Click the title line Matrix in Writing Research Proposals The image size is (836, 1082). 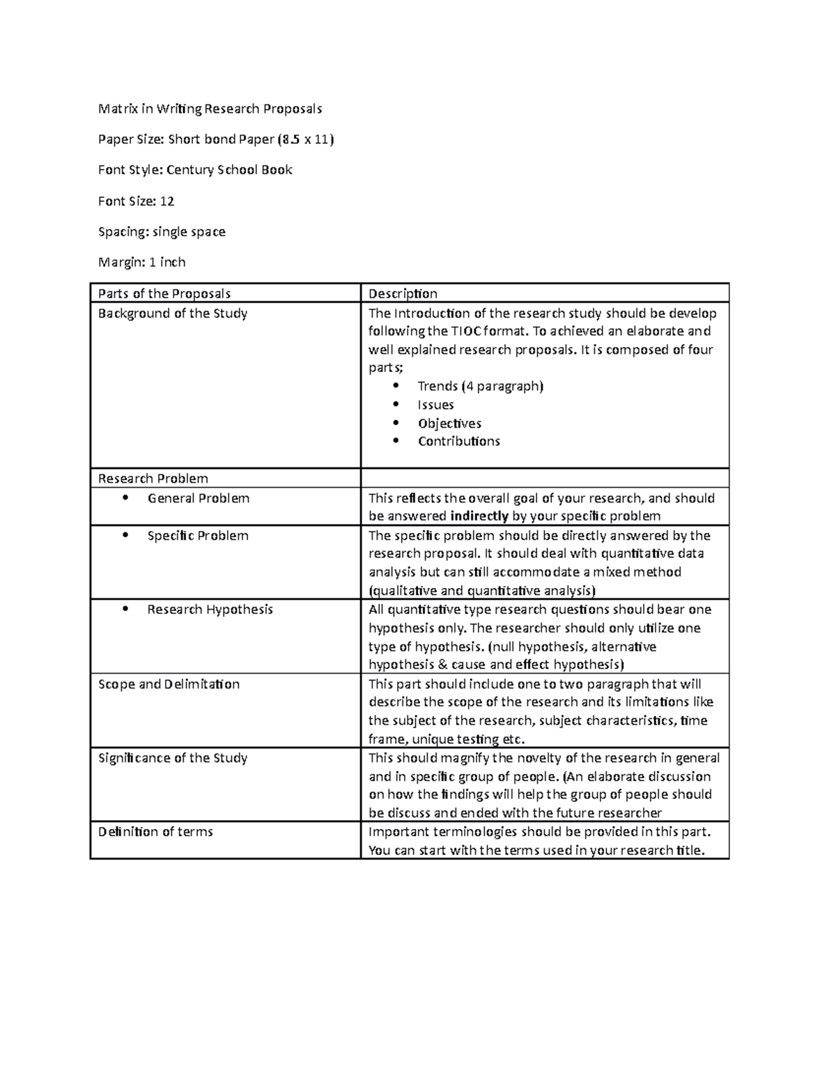210,109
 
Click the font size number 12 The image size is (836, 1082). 167,201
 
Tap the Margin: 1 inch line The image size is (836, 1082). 142,263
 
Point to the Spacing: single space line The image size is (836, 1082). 162,232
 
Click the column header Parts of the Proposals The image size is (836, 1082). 164,294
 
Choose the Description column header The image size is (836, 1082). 403,294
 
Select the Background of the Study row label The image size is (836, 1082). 173,314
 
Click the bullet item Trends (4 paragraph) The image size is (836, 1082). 480,386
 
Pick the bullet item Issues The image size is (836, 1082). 436,405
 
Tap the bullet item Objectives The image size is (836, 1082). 449,424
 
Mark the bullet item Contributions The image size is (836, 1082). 459,442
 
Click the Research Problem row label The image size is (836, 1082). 153,479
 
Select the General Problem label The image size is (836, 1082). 199,498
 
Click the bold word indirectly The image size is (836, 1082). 479,516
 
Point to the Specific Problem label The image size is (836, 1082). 198,536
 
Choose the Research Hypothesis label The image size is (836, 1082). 210,610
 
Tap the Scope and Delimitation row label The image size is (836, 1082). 169,684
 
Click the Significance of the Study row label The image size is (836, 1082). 173,758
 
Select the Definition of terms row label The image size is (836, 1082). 155,832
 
